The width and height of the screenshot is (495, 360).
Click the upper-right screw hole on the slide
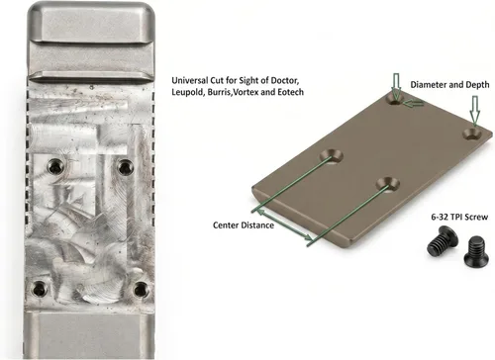pos(125,167)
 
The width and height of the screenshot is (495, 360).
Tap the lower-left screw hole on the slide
pos(39,289)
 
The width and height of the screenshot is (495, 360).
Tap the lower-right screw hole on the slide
pos(141,290)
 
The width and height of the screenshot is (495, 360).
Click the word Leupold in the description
pos(188,92)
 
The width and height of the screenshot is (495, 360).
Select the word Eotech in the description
pos(290,92)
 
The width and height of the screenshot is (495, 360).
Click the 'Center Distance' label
pos(244,225)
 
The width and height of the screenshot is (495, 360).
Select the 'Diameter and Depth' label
pos(449,85)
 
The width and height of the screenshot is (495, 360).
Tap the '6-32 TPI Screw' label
pos(459,217)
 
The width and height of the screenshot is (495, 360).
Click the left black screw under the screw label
pos(441,241)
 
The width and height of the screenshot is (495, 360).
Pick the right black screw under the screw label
pos(475,250)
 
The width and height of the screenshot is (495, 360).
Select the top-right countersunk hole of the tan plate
pos(472,135)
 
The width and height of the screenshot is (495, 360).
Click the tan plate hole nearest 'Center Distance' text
pos(331,155)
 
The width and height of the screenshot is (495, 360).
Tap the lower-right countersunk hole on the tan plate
pos(387,184)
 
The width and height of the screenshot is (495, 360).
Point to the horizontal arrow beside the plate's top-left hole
pos(414,104)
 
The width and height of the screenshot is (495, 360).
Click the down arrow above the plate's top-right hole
pos(474,111)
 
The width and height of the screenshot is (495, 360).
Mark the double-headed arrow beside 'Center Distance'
pos(284,225)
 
